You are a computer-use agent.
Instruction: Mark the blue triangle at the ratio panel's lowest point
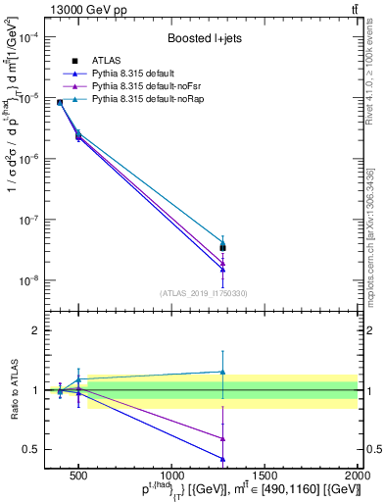click(x=223, y=458)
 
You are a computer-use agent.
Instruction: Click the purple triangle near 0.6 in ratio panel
click(x=223, y=438)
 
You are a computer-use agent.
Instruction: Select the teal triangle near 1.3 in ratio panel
click(x=223, y=372)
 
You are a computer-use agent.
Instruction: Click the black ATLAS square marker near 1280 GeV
click(x=223, y=247)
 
